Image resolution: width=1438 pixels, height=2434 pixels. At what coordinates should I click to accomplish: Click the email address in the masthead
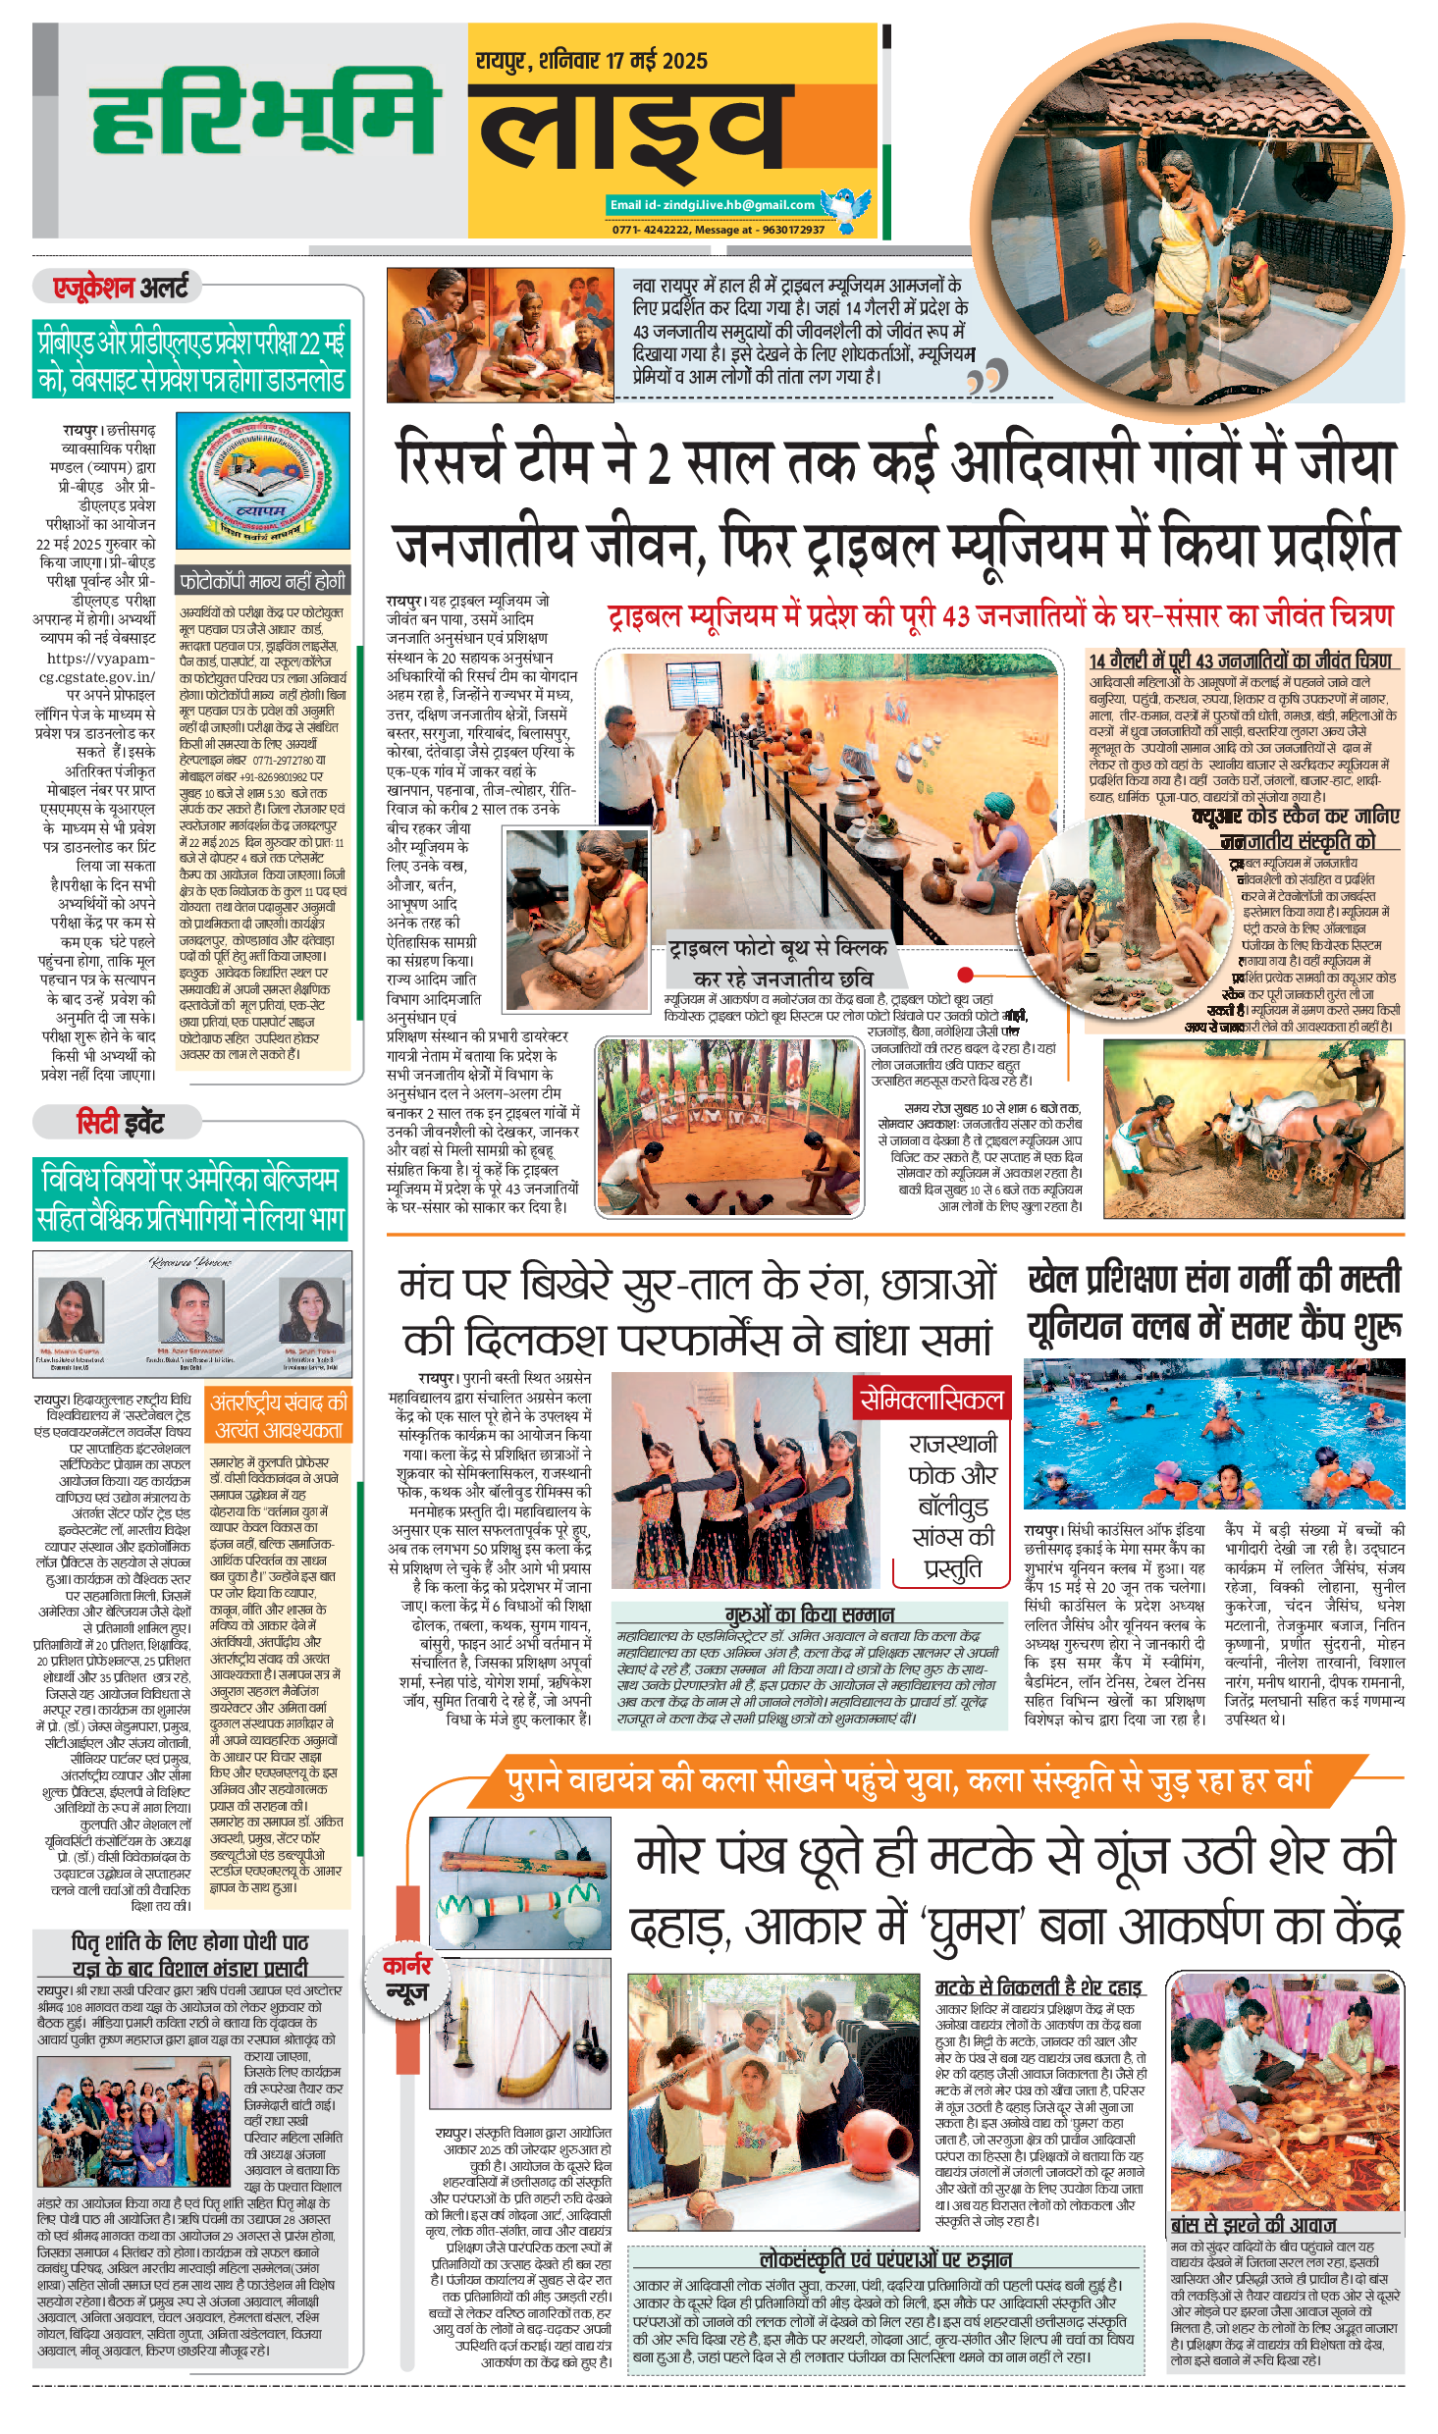tap(713, 205)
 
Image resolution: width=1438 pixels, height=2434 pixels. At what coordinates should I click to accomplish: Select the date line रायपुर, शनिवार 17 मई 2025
tap(592, 62)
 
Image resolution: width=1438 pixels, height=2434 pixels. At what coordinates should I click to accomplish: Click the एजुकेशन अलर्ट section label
tap(121, 288)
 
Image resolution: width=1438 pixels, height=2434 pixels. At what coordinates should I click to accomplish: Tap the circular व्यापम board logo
tap(263, 481)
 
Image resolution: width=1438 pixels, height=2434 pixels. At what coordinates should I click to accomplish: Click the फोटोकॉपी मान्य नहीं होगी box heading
tap(263, 581)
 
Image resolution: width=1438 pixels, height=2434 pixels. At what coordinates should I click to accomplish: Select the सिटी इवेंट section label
tap(121, 1122)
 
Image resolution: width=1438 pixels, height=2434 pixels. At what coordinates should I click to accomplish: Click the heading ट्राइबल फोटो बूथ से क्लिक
tap(777, 948)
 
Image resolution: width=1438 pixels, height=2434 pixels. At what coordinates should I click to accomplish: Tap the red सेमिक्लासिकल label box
tap(931, 1400)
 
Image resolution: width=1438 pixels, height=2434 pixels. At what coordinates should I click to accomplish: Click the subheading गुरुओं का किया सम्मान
tap(809, 1614)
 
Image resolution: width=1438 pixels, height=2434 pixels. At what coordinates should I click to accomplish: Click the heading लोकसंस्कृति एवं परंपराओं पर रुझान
tap(885, 2259)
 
